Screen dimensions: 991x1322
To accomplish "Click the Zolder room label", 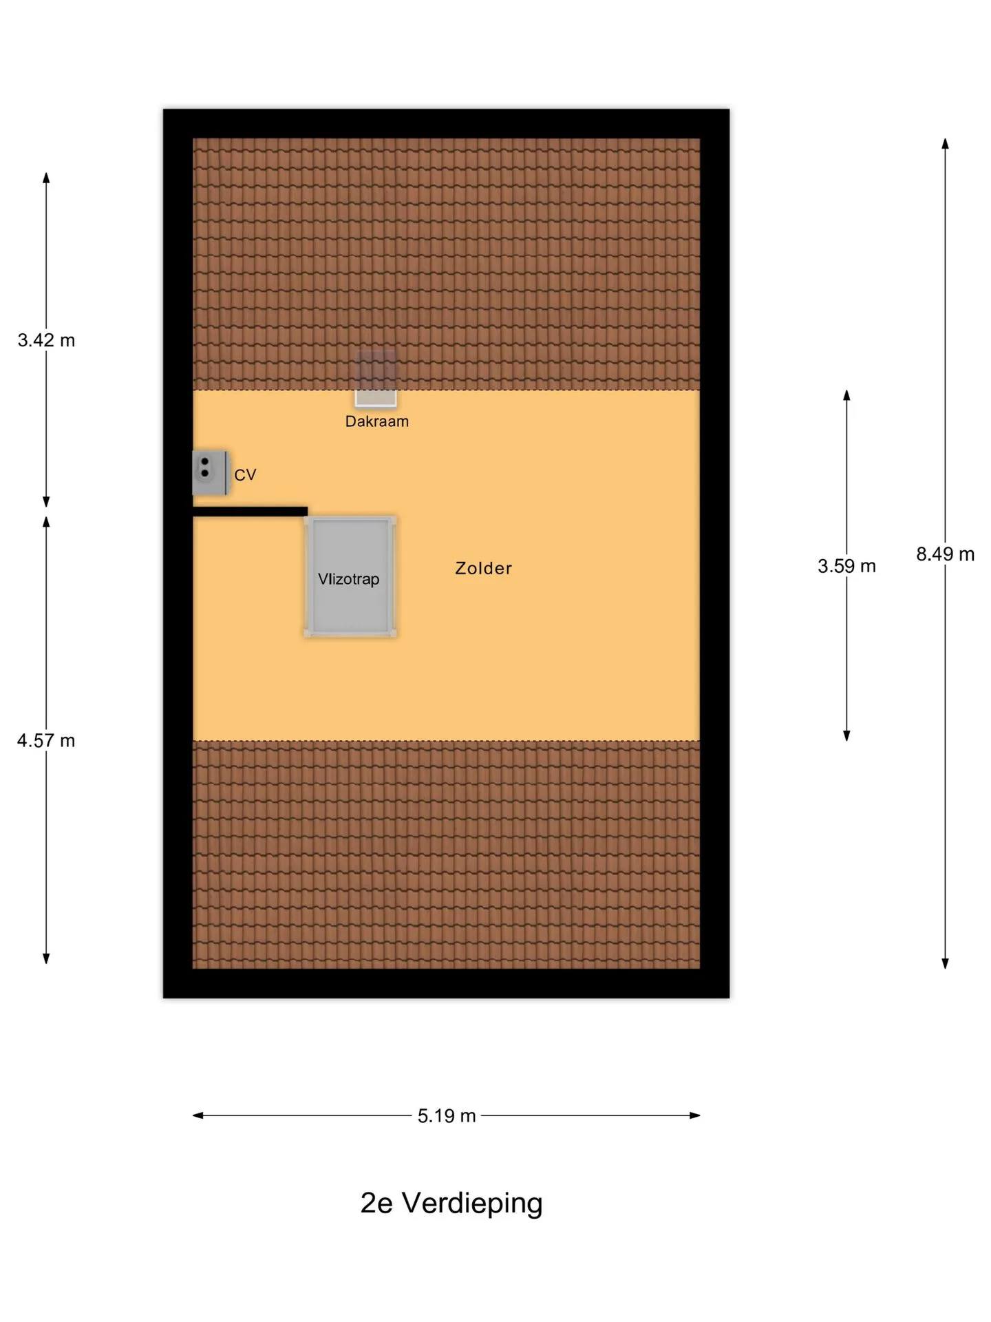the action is [x=483, y=568].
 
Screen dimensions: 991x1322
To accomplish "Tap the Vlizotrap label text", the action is [x=348, y=579].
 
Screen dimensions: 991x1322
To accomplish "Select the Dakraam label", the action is [x=376, y=421].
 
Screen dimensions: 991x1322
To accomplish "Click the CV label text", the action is [x=245, y=475].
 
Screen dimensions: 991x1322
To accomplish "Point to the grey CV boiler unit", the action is [x=210, y=472].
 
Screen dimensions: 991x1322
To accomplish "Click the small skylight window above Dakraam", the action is [x=376, y=378].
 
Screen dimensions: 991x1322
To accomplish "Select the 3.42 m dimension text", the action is [x=46, y=340].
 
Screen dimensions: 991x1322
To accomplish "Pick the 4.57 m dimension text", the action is [x=46, y=741].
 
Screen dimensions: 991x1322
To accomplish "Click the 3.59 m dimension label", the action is [x=846, y=566].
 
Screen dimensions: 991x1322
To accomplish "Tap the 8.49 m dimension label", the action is [x=945, y=554].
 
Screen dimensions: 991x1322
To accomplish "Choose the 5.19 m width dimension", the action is [x=447, y=1115].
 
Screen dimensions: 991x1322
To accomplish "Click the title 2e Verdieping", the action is [x=451, y=1203].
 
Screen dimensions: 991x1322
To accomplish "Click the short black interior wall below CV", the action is [x=250, y=512].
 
